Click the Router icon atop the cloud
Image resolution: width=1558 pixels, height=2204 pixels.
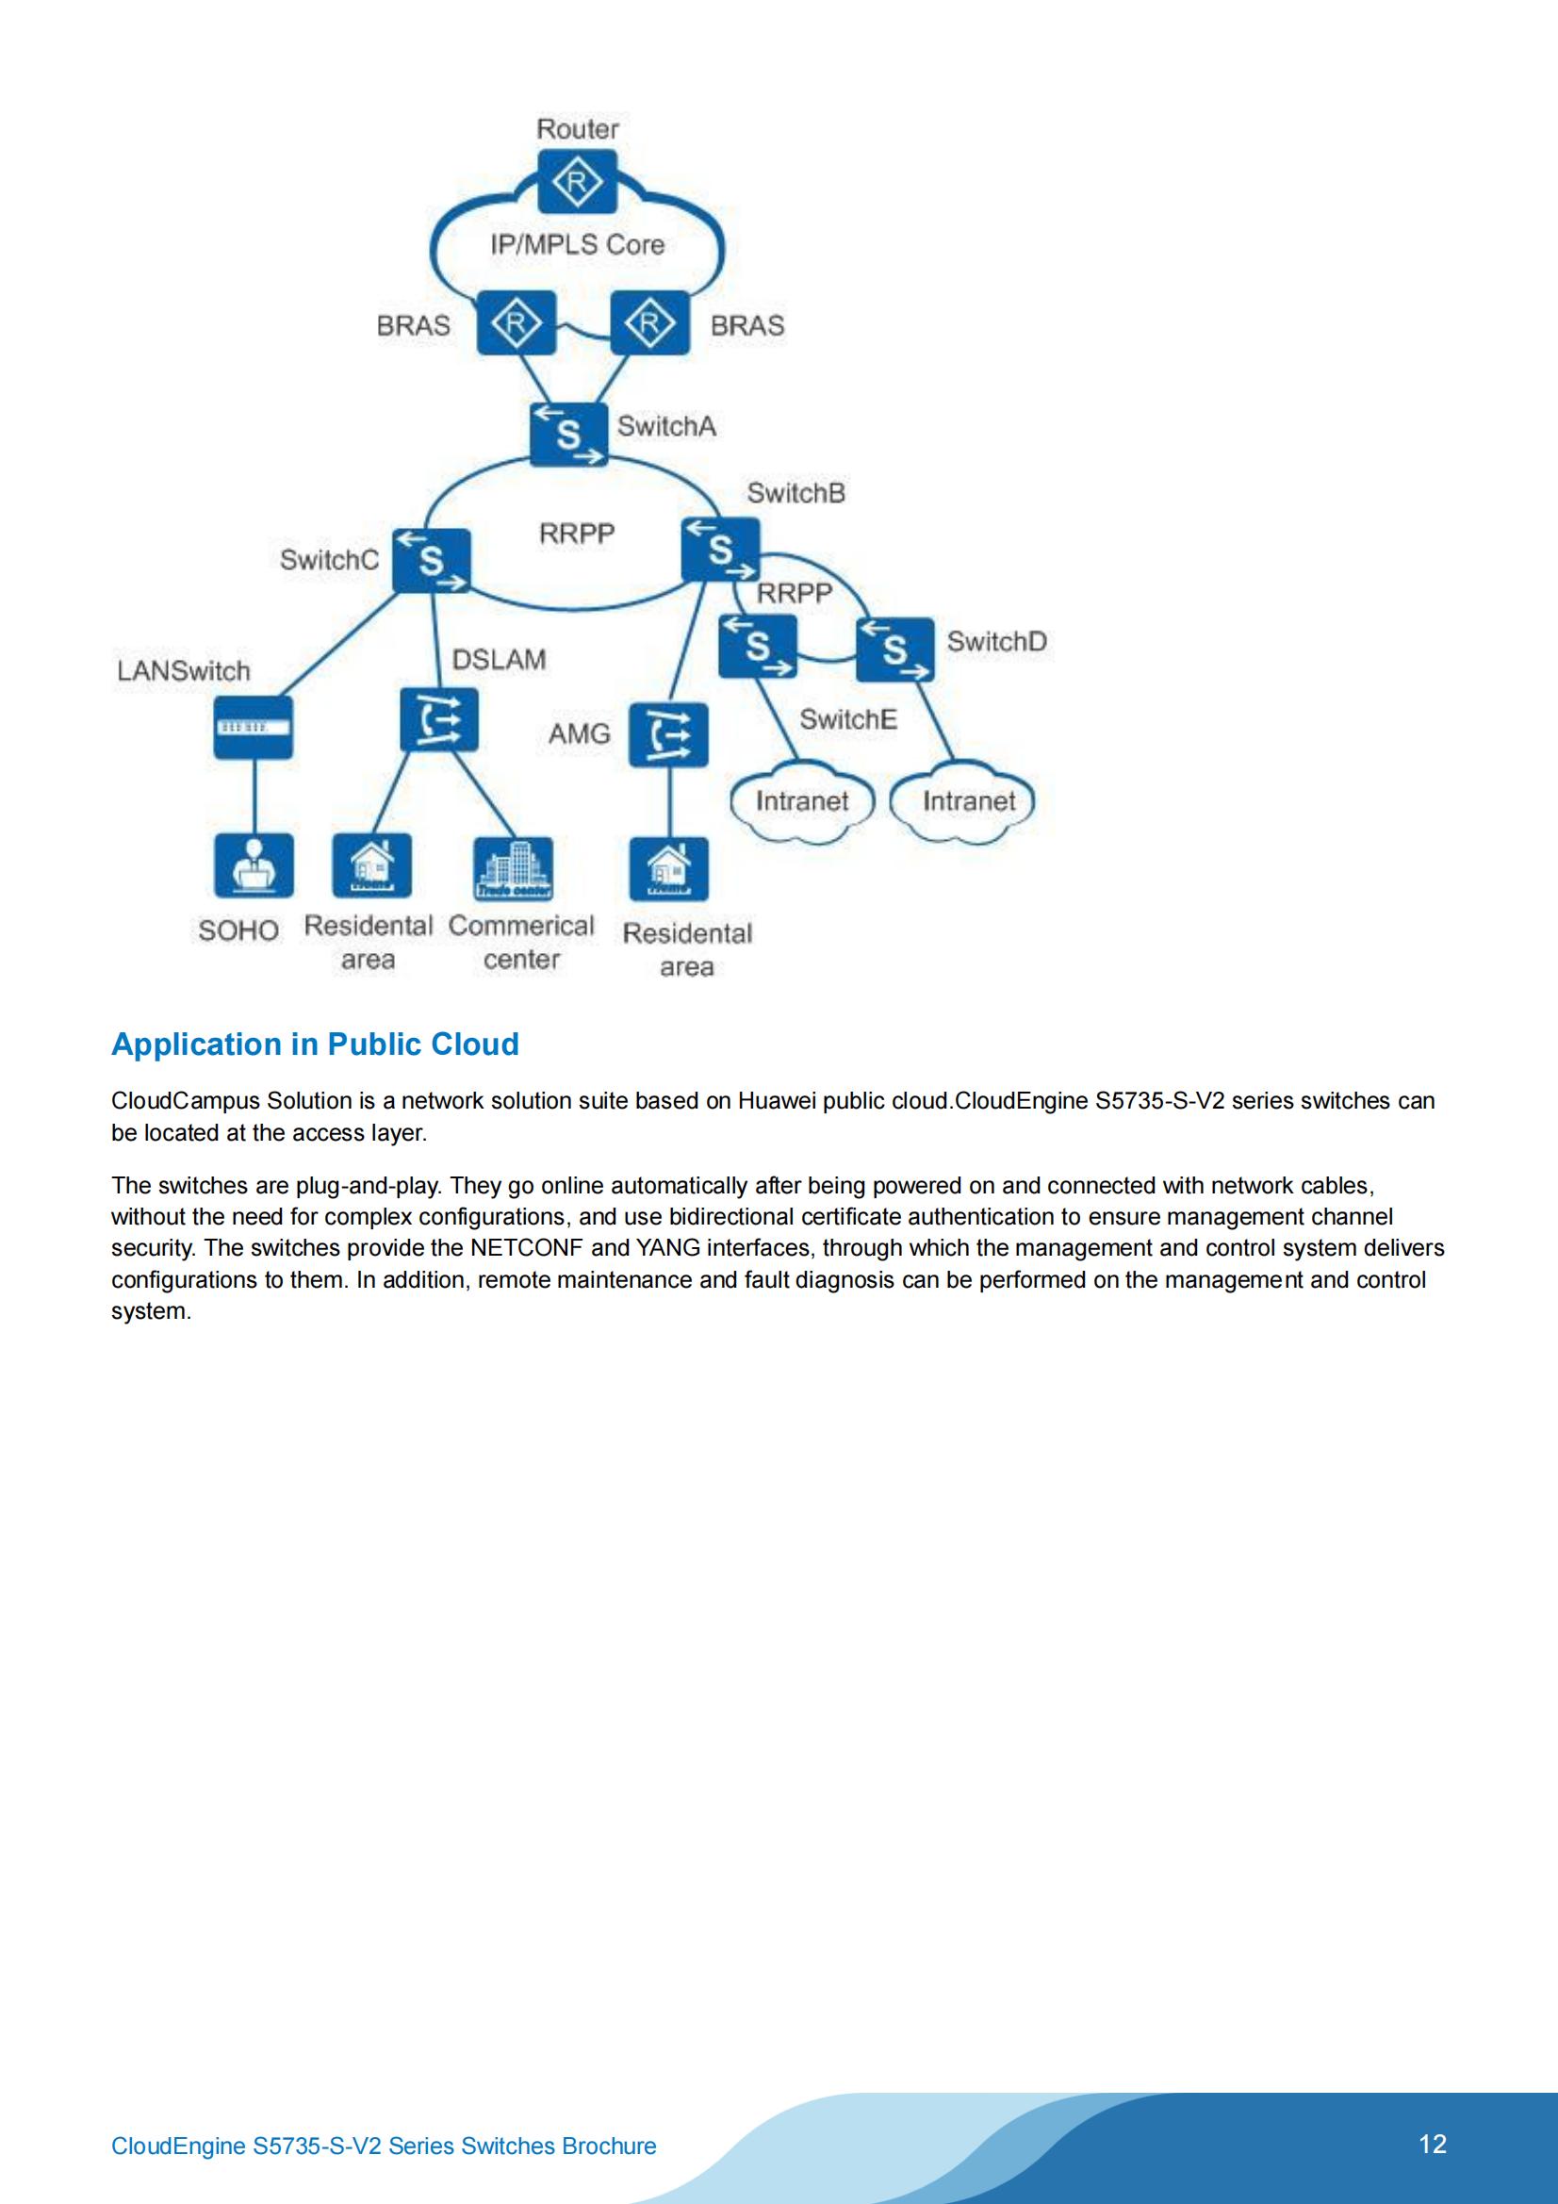[577, 181]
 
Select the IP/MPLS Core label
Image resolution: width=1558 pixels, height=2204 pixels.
[577, 245]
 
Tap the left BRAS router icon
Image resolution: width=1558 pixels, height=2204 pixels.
[517, 323]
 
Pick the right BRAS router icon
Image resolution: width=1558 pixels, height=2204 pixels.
[650, 323]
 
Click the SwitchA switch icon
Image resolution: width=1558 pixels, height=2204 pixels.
[568, 434]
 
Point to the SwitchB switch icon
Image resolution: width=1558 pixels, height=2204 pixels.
[720, 549]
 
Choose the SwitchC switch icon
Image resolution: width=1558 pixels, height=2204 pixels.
[432, 560]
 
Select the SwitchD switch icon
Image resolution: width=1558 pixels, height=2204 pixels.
[894, 649]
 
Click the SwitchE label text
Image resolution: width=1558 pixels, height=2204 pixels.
[847, 719]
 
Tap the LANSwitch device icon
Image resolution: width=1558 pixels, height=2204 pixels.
[253, 728]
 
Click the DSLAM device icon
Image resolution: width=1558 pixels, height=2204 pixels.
[438, 719]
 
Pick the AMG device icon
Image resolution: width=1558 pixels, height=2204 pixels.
[668, 735]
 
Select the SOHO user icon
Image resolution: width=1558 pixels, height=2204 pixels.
[254, 864]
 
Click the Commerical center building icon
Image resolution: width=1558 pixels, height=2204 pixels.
[514, 868]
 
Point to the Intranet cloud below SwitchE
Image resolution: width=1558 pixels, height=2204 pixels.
[801, 800]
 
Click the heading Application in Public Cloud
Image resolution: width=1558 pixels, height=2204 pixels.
[315, 1044]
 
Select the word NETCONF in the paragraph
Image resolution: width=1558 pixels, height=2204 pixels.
[526, 1248]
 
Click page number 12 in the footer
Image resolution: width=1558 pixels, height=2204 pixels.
[1433, 2144]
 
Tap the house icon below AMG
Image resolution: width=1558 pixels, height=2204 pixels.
[668, 869]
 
